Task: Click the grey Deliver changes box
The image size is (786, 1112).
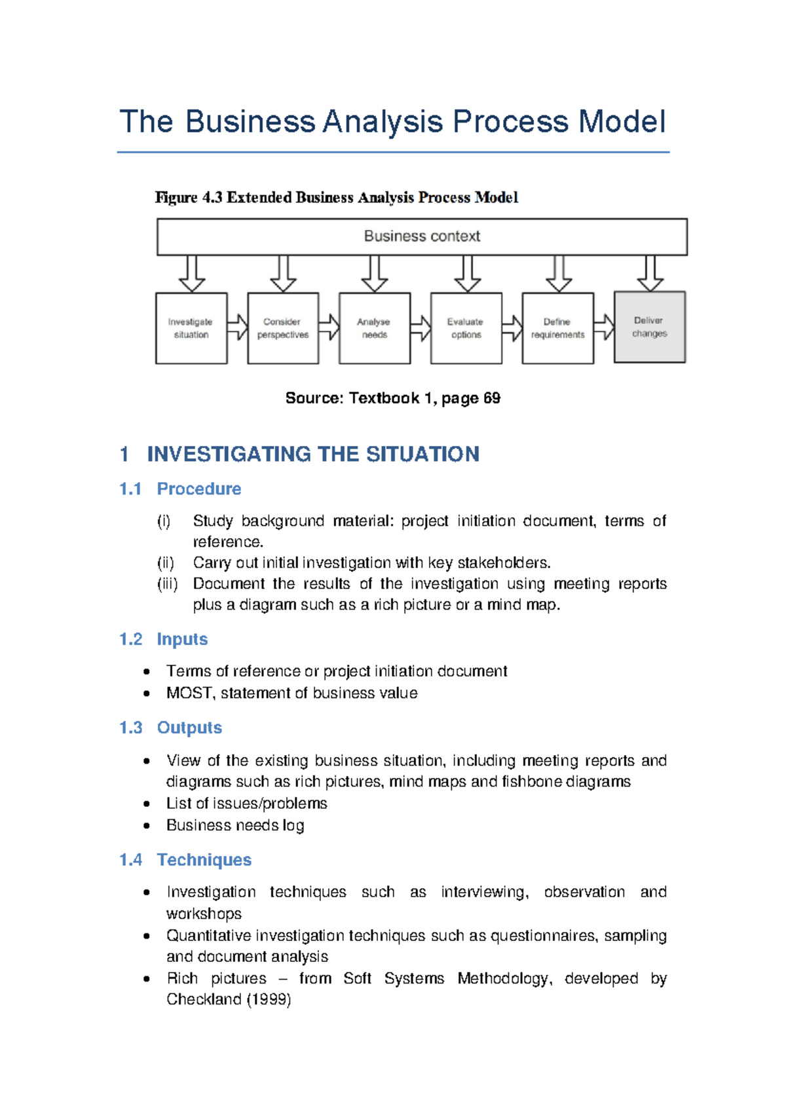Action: pyautogui.click(x=649, y=327)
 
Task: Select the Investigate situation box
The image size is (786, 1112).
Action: pyautogui.click(x=191, y=328)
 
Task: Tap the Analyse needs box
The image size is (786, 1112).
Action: pyautogui.click(x=374, y=328)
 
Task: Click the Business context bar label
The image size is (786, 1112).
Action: pyautogui.click(x=422, y=236)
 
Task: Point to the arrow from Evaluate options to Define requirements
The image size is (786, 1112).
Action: pyautogui.click(x=512, y=328)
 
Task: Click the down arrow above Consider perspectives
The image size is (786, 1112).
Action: pyautogui.click(x=283, y=274)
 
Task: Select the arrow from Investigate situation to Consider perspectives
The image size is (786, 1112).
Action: pyautogui.click(x=237, y=327)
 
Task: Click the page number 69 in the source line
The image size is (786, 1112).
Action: pyautogui.click(x=492, y=398)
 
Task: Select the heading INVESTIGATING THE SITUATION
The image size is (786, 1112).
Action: pyautogui.click(x=313, y=454)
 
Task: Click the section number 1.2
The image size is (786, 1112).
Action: pyautogui.click(x=130, y=639)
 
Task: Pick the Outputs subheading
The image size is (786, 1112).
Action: pyautogui.click(x=189, y=728)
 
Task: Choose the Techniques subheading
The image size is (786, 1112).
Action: pyautogui.click(x=204, y=860)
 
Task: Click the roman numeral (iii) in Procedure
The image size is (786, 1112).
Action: pyautogui.click(x=167, y=584)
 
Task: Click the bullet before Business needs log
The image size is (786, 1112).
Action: pyautogui.click(x=147, y=826)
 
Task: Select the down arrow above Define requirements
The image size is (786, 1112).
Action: pyautogui.click(x=559, y=274)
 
